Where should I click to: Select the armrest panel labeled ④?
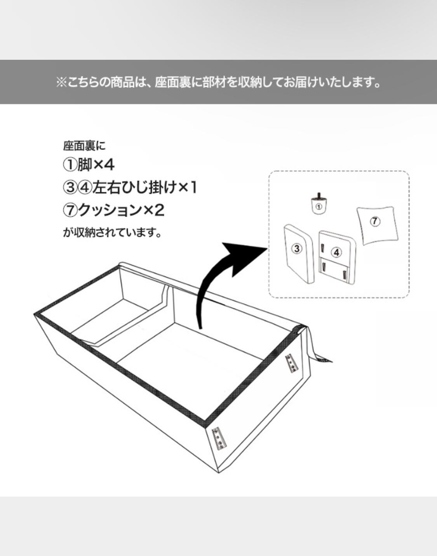337,256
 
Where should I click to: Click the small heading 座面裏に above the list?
84,146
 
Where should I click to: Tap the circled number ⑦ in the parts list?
70,210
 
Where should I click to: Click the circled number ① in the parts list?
70,165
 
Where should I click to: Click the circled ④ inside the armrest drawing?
336,252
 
